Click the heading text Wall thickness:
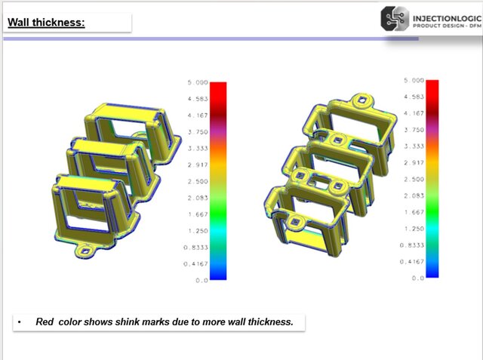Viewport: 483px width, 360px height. [46, 22]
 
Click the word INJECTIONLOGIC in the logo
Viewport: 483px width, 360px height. [443, 14]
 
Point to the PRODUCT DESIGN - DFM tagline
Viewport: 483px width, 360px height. [443, 25]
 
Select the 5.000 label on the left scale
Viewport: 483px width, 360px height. [197, 83]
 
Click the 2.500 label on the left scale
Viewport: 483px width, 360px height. [197, 181]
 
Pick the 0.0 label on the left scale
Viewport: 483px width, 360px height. [200, 280]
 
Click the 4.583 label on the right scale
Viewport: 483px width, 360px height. [414, 97]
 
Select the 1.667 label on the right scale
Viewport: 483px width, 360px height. [414, 212]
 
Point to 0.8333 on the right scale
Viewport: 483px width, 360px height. [413, 245]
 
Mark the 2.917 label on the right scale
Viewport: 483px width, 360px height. [414, 162]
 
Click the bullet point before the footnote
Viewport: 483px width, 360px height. [20, 322]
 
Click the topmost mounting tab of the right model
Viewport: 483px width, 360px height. [362, 100]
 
